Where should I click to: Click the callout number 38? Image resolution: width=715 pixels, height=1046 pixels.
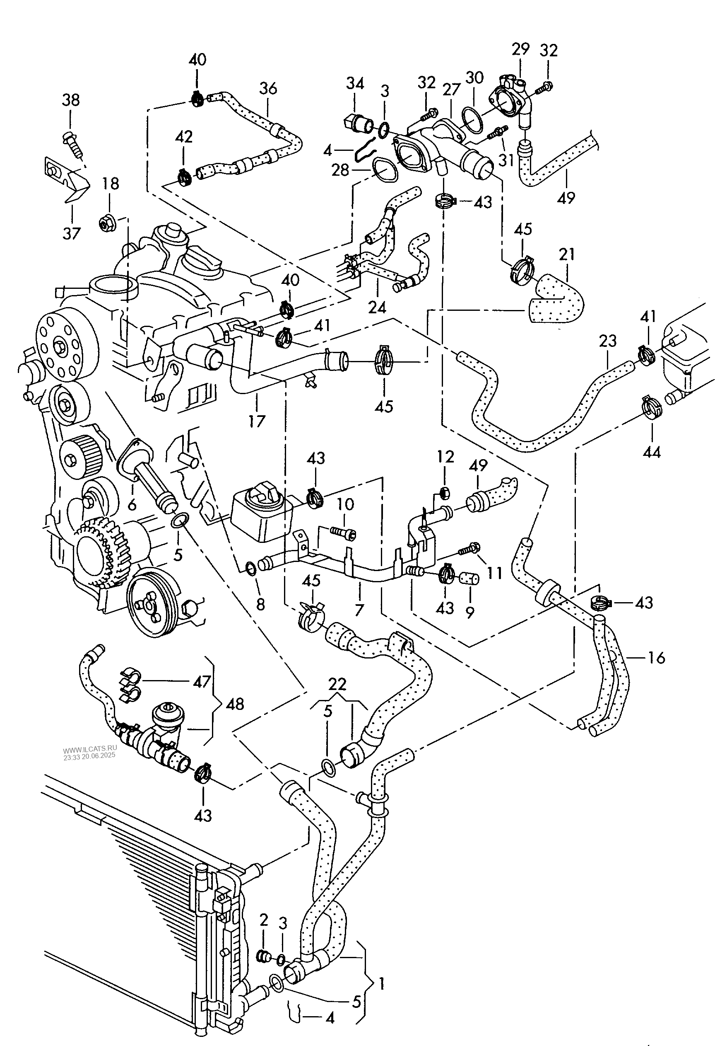point(71,100)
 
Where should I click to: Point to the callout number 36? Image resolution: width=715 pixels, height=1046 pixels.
point(268,89)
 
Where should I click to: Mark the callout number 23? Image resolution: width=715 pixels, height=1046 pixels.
point(607,341)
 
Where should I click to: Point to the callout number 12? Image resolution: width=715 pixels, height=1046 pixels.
point(445,457)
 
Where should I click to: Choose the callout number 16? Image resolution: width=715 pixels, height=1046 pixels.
point(657,658)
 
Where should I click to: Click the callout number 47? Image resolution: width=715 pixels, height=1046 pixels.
point(202,682)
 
